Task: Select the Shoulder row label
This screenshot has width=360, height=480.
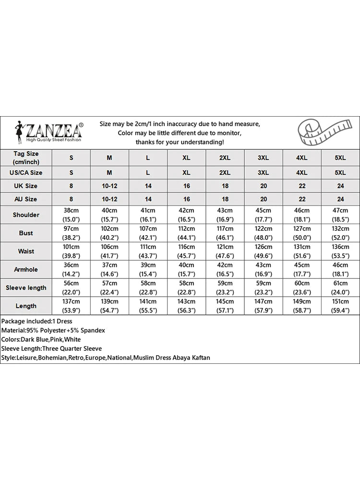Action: click(x=26, y=215)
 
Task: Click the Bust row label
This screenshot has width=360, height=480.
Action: click(x=26, y=233)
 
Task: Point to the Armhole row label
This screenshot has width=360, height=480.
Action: click(x=26, y=269)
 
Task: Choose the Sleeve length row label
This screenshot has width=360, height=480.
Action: click(x=26, y=288)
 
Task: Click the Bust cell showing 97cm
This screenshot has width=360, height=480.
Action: click(x=71, y=233)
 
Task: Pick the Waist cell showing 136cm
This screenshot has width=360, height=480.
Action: click(x=340, y=251)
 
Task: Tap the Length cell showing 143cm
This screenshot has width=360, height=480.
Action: click(x=186, y=306)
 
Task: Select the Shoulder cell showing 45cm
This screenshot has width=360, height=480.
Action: click(x=263, y=215)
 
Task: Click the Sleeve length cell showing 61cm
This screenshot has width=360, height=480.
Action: click(x=340, y=288)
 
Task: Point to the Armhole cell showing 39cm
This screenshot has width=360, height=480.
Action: click(x=148, y=269)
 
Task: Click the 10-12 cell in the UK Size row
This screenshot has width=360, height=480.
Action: click(x=109, y=186)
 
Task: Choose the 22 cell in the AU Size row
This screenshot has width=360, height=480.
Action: click(x=301, y=199)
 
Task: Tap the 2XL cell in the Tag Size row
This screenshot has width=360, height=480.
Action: click(x=225, y=158)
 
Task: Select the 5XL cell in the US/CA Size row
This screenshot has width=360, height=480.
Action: click(x=340, y=172)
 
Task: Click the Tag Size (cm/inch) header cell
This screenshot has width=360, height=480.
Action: click(x=26, y=157)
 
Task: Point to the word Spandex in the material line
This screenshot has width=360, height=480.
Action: click(x=93, y=330)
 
